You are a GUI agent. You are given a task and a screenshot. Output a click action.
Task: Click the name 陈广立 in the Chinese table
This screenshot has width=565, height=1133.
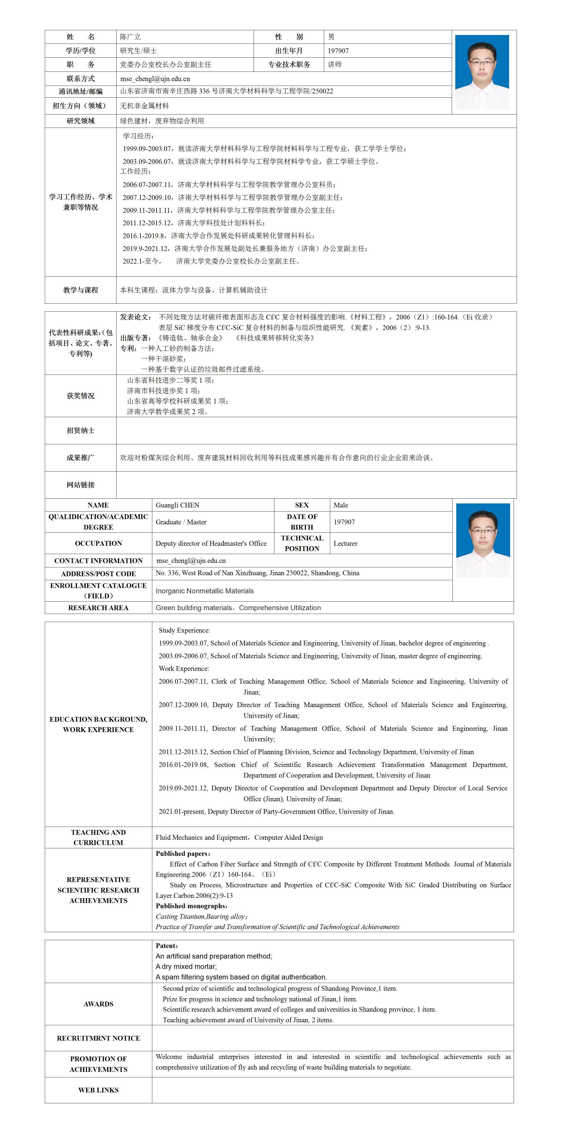(131, 37)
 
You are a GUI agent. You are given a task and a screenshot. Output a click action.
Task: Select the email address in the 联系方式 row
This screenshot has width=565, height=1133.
(155, 79)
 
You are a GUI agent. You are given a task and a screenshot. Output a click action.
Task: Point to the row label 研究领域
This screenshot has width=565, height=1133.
(81, 121)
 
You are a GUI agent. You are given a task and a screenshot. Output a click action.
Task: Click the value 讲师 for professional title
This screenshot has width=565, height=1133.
(335, 65)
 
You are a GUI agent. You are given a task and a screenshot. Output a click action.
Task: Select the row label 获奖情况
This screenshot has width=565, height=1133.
(81, 396)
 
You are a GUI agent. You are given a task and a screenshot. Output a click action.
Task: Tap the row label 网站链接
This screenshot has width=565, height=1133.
(81, 485)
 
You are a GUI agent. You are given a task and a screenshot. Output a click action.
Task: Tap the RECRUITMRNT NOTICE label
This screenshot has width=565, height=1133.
(98, 1038)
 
